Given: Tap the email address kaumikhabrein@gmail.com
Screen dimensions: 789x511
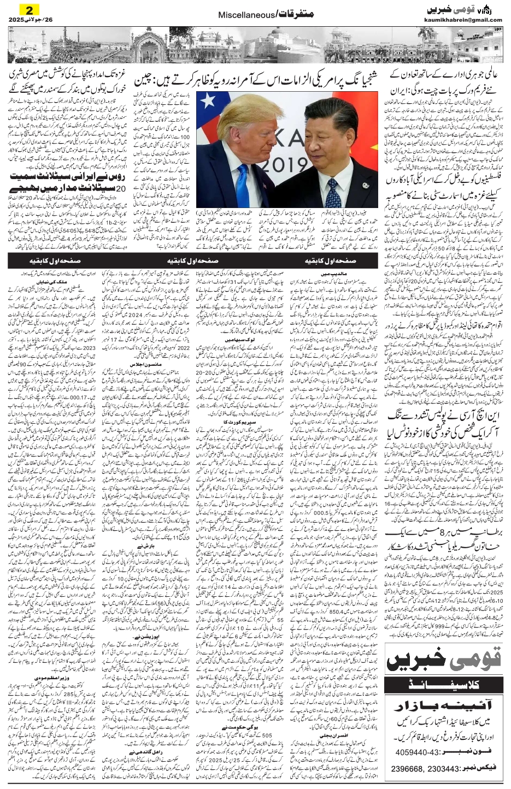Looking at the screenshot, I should (x=463, y=20).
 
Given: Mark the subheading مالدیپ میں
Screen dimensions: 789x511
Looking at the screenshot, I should (x=330, y=271).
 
